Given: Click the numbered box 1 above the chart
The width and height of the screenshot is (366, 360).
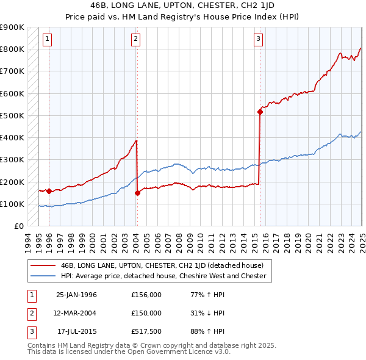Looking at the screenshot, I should click(47, 40).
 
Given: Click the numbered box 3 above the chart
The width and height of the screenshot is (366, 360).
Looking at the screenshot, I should click(259, 40).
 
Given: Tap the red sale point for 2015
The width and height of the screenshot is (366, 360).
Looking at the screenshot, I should click(260, 112).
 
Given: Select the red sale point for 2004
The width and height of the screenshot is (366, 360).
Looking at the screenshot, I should click(137, 193).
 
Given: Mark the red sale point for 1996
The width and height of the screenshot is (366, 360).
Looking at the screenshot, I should click(49, 192).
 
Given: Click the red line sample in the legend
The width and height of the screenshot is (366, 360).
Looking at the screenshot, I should click(43, 266).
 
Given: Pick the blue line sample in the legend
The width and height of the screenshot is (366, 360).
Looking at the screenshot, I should click(43, 276).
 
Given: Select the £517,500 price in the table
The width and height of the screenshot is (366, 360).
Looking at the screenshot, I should click(146, 331).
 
